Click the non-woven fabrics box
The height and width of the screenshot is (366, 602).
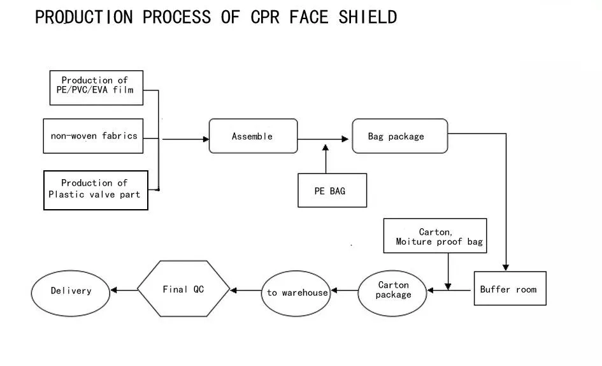tap(93, 136)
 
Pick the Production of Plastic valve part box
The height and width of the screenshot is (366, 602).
tap(96, 190)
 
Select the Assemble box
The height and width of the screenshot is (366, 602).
tap(253, 136)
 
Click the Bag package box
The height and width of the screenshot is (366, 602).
tap(399, 136)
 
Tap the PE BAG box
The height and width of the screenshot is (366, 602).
tap(332, 191)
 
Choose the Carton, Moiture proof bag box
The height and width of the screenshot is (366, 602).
tap(435, 236)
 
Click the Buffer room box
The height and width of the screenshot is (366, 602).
tap(510, 288)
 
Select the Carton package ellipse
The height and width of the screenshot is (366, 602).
tap(393, 290)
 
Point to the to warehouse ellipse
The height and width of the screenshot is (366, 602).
tap(297, 293)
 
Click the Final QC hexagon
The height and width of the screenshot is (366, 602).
tap(184, 289)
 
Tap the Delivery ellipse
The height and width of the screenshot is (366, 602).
tap(71, 291)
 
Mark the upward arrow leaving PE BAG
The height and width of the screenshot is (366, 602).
tap(326, 159)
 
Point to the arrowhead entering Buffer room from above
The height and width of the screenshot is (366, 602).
tap(506, 268)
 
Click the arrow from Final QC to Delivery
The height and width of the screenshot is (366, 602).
tap(124, 291)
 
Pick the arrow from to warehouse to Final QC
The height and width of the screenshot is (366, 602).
tap(245, 291)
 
